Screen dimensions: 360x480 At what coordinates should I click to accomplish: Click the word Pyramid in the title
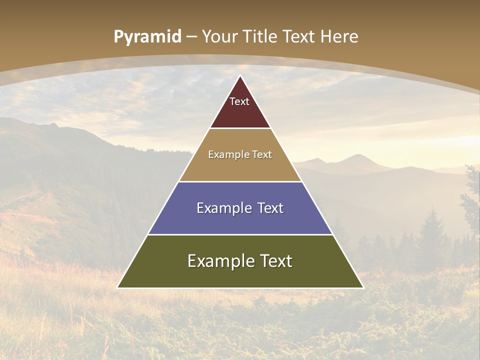coord(147,37)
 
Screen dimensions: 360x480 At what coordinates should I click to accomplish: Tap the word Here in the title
coord(339,36)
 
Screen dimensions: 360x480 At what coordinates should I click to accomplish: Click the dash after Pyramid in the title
coord(191,37)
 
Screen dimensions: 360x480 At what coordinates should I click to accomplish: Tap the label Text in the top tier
coord(239,101)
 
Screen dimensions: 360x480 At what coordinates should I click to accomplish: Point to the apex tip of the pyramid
coord(240,76)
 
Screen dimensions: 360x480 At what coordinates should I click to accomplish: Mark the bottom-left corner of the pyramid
coord(118,287)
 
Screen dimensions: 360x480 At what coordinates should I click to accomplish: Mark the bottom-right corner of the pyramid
coord(362,287)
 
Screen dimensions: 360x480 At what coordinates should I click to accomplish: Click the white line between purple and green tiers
coord(240,234)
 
